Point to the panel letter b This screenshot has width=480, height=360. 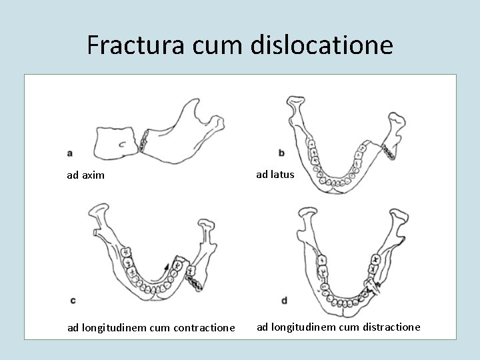(x=281, y=153)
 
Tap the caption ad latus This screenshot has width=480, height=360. (x=275, y=175)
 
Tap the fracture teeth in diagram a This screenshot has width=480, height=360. (x=143, y=139)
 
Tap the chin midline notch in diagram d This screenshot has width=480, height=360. (x=343, y=311)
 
